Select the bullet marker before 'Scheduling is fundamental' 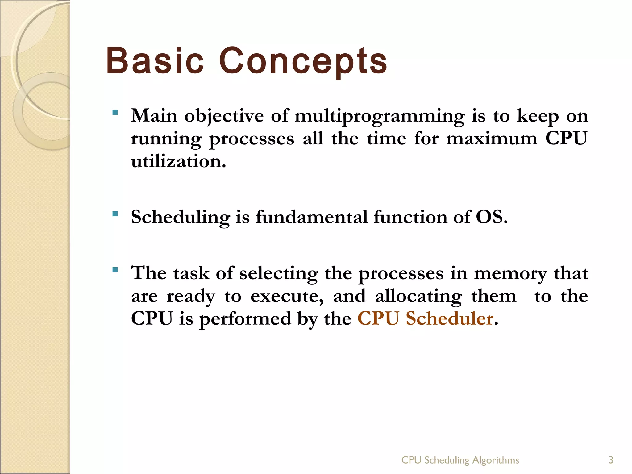click(115, 214)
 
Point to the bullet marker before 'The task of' click(115, 270)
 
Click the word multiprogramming click(379, 117)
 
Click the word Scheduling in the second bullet click(181, 217)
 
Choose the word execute click(287, 296)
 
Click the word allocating click(418, 297)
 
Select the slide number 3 click(611, 460)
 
